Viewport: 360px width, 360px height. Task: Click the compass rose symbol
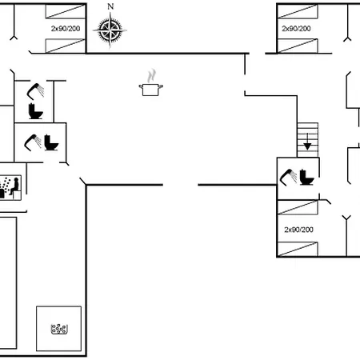(x=110, y=30)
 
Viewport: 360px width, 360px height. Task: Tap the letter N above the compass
(x=110, y=6)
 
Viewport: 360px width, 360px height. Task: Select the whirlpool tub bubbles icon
(x=59, y=329)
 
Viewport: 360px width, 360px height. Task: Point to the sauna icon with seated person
(x=10, y=187)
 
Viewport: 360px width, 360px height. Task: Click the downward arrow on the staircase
(x=307, y=142)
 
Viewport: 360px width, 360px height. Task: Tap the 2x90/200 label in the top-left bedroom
(x=66, y=29)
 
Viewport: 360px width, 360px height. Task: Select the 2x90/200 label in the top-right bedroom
(x=296, y=29)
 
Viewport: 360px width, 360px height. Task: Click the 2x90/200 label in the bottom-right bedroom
(x=298, y=230)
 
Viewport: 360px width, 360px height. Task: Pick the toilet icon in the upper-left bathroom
(x=35, y=111)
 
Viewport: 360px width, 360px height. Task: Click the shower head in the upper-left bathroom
(x=35, y=91)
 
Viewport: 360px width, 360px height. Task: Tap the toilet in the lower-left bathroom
(x=51, y=142)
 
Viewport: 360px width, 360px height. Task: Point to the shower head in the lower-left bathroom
(x=33, y=142)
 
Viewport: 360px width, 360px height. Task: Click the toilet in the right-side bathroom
(x=307, y=177)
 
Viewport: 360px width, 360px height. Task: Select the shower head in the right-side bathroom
(x=288, y=177)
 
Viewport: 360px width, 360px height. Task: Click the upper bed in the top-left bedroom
(x=66, y=11)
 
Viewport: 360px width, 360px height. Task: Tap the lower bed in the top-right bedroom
(x=298, y=46)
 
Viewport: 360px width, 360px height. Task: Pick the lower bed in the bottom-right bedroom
(x=298, y=249)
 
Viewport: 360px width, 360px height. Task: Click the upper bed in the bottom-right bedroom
(x=298, y=207)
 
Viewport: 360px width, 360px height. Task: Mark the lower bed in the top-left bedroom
(x=66, y=46)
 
